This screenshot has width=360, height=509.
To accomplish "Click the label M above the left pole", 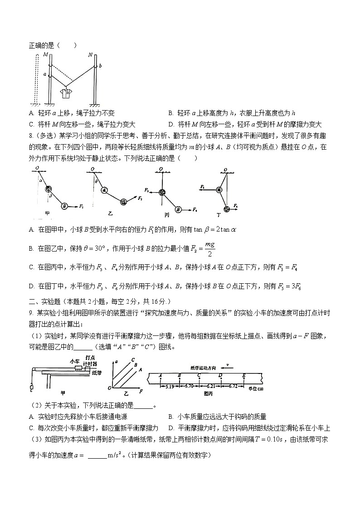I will coord(45,55).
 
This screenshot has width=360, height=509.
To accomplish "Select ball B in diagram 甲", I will coord(65,206).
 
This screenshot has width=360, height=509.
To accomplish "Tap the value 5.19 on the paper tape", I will coord(170,386).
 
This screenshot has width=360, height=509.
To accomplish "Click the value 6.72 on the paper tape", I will coord(233,386).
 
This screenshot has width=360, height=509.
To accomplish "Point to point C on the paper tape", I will coord(199,375).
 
